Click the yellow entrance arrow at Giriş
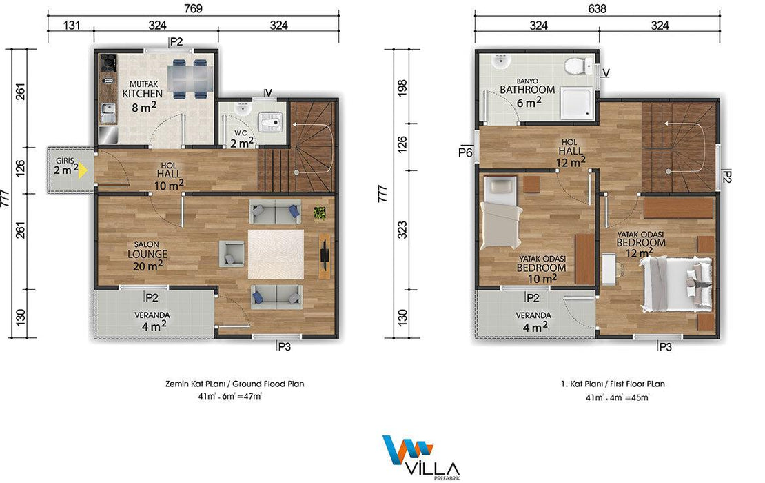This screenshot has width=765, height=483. tap(83, 170)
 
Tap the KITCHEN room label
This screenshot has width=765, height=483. tap(143, 93)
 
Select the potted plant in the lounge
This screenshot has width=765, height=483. tap(320, 213)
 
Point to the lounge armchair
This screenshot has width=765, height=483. tap(232, 253)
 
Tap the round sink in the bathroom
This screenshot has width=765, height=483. tap(500, 62)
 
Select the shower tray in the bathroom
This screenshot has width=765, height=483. tap(577, 103)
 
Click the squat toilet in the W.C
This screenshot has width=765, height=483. tap(269, 119)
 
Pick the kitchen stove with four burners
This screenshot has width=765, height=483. tap(108, 63)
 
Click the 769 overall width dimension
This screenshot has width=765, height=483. tap(193, 8)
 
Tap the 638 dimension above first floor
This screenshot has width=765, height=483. tap(597, 8)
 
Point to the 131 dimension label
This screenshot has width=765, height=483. tap(71, 25)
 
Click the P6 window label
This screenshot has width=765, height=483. tap(466, 153)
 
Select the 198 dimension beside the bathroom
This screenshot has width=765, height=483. tap(402, 88)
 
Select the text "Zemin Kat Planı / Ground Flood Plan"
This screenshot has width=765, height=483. tap(235, 384)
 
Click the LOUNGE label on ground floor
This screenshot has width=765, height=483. tap(147, 254)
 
